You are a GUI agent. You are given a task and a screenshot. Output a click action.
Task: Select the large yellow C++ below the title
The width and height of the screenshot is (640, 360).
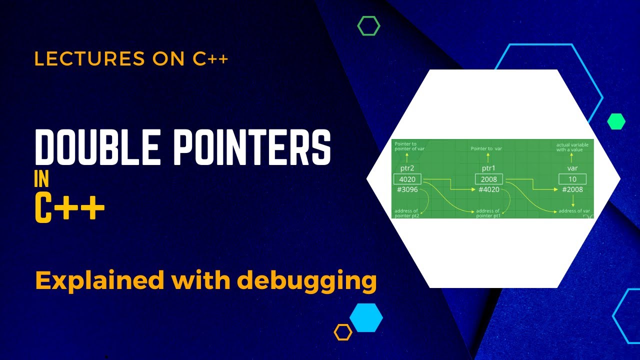[x=69, y=208]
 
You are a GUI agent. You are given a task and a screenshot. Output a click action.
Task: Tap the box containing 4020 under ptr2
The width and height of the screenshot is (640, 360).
[x=407, y=179]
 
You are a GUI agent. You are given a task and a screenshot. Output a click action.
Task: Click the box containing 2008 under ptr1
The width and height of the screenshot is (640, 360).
[x=489, y=179]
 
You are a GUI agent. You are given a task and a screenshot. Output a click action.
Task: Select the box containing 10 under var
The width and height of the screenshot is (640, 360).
[x=572, y=179]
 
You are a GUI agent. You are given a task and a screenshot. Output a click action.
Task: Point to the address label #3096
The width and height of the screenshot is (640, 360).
[x=407, y=189]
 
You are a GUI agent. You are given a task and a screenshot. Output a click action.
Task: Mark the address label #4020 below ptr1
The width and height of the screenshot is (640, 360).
[x=489, y=189]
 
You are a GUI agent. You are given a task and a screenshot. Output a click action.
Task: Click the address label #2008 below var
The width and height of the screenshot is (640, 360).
[x=572, y=189]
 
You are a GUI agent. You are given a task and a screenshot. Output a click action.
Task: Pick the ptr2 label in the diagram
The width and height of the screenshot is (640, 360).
[x=407, y=168]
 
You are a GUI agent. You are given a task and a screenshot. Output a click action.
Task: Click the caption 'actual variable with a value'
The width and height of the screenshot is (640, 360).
[x=572, y=147]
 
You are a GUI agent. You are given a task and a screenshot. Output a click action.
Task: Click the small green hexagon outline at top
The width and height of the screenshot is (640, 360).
[x=368, y=25]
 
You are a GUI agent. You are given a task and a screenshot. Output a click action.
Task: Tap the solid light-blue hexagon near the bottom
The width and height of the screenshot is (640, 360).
[x=366, y=317]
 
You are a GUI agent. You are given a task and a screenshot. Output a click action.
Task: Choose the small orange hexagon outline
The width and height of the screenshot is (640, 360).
[x=343, y=332]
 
